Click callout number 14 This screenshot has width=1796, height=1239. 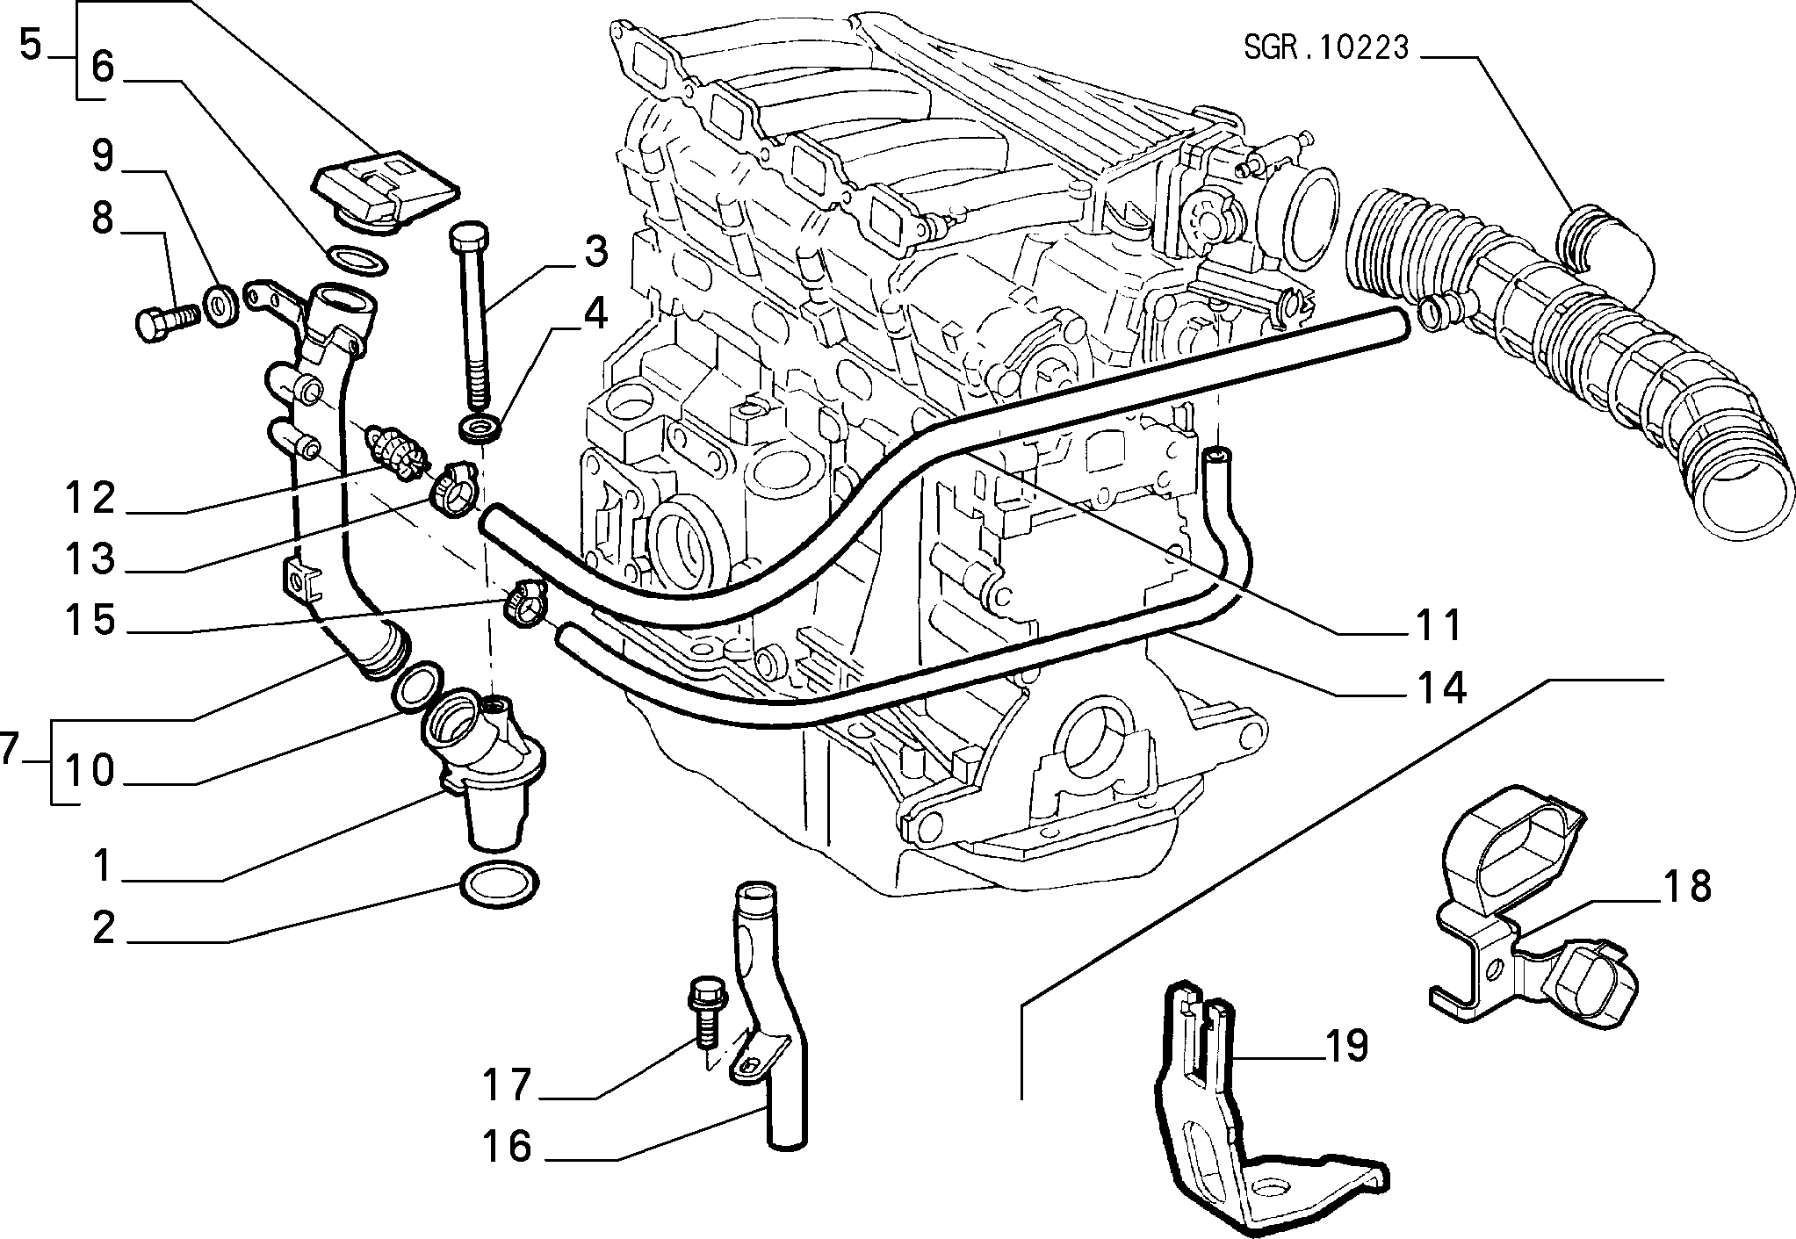1439,688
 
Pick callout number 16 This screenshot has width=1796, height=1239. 509,1146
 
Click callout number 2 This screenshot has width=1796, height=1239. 104,929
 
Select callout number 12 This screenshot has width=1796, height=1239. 90,499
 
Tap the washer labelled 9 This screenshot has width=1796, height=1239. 219,303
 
